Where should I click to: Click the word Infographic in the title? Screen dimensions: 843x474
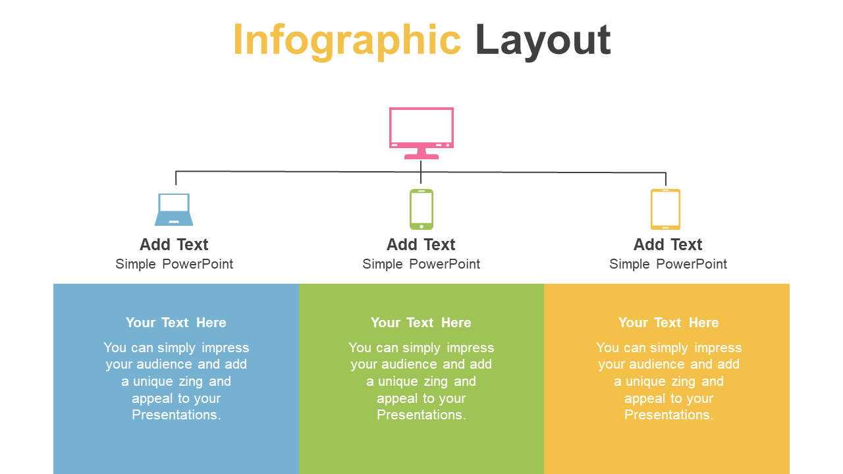[347, 41]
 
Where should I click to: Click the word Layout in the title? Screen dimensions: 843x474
[543, 41]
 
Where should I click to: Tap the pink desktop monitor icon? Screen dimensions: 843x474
[421, 133]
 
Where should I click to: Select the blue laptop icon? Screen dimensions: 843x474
[174, 209]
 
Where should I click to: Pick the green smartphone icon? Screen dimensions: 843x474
[421, 209]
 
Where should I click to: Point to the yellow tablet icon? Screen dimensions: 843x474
[665, 209]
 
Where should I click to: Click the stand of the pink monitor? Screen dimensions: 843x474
[421, 154]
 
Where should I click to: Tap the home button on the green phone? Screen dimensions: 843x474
[421, 226]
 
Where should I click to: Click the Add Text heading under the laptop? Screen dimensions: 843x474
[174, 244]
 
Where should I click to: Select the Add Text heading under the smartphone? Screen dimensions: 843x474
[421, 244]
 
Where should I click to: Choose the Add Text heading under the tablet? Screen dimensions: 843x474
[668, 244]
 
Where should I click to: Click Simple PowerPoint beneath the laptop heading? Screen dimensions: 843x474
[175, 264]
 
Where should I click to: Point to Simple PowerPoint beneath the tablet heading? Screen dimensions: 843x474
[668, 264]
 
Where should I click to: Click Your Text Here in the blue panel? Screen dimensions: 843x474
[176, 323]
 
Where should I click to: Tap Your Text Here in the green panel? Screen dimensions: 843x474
[421, 323]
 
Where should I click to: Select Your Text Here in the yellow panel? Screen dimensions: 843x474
[668, 323]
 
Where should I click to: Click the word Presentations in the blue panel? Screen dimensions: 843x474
[176, 415]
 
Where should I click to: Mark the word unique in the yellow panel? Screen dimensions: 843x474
[647, 381]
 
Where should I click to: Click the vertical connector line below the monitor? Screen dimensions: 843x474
[421, 172]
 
